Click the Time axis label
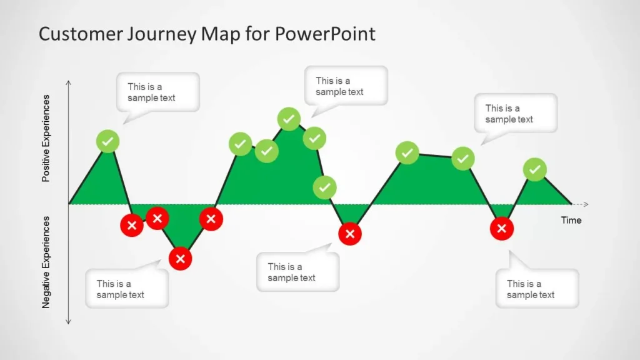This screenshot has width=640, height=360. click(x=571, y=220)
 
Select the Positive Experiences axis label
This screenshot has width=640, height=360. click(x=46, y=138)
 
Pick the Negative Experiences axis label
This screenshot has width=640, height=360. click(x=46, y=262)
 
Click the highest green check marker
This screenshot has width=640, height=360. click(x=289, y=118)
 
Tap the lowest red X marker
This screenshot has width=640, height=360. click(x=181, y=258)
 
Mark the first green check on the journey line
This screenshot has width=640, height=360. click(x=107, y=141)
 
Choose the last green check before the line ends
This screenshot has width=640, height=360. click(x=534, y=169)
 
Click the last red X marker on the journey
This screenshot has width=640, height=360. click(x=501, y=229)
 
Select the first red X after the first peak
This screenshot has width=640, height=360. click(x=131, y=225)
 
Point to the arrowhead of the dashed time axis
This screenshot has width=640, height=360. click(x=586, y=204)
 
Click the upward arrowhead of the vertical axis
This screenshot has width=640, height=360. click(x=68, y=82)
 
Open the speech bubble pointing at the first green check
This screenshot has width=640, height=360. click(x=157, y=92)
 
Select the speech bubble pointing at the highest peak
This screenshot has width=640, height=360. click(x=346, y=86)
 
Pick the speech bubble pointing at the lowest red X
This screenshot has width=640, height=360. click(x=127, y=289)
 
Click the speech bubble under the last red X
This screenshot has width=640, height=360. click(x=537, y=288)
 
